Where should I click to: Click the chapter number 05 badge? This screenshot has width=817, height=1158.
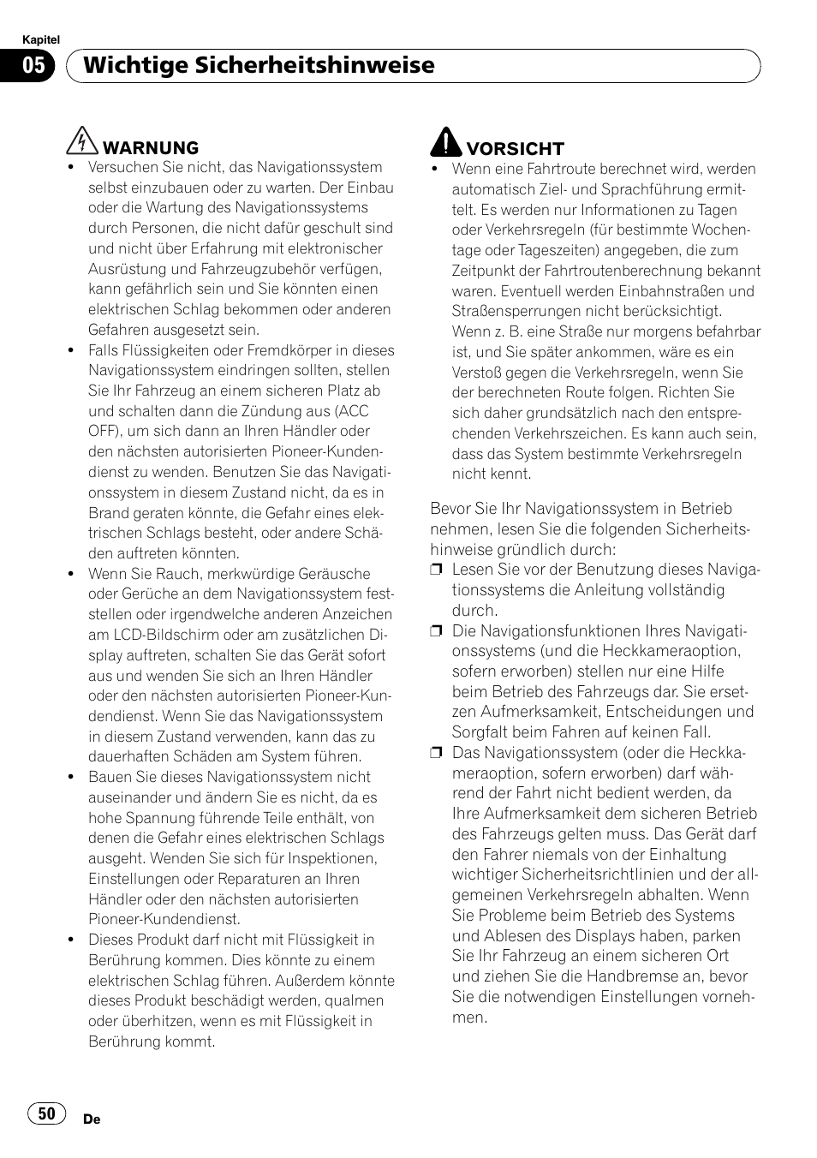(33, 66)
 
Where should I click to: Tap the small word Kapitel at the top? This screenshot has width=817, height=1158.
(39, 40)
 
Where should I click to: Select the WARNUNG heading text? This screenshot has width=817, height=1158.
(151, 148)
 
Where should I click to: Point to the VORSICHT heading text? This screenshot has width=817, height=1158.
(515, 149)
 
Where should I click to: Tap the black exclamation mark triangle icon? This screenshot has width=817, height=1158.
(445, 141)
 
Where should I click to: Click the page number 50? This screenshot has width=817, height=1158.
(46, 1113)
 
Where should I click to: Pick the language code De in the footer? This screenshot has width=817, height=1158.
(92, 1119)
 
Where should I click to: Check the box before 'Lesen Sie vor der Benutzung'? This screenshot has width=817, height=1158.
(436, 570)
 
